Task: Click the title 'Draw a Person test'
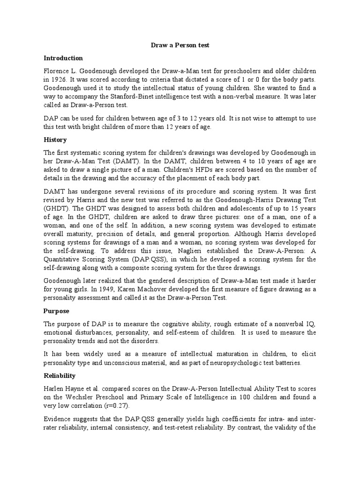[x=180, y=45]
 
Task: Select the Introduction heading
[x=63, y=58]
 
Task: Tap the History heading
[x=55, y=140]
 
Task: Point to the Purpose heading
[x=57, y=311]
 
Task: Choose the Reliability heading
[x=60, y=376]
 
